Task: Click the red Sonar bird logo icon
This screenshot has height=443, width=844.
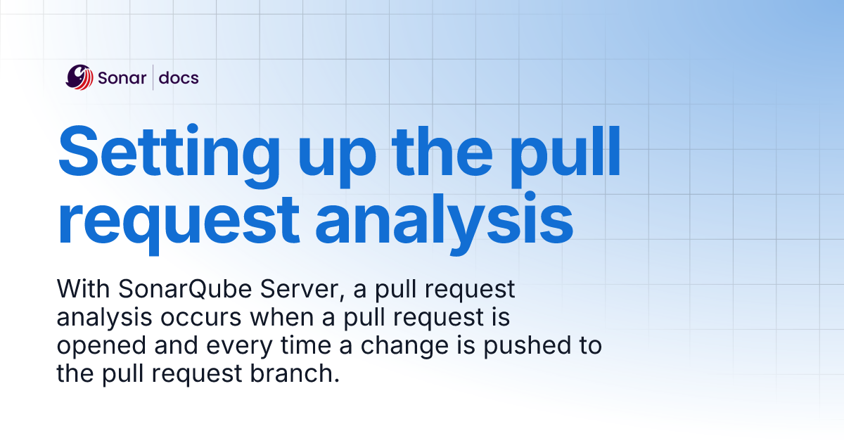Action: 79,77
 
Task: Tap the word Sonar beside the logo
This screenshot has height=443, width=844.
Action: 122,77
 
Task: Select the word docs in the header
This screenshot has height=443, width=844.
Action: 179,77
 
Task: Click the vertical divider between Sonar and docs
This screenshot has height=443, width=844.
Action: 153,77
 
